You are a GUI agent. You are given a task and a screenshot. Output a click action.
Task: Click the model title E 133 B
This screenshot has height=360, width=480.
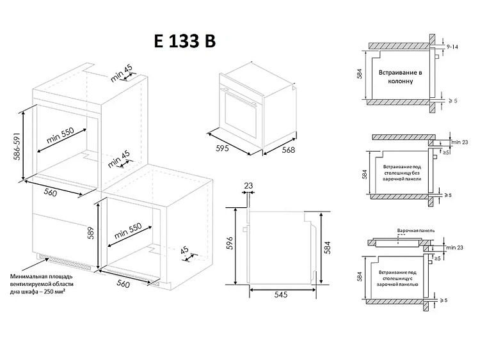click(x=185, y=41)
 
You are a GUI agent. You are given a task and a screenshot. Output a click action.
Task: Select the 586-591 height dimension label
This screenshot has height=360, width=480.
click(x=17, y=146)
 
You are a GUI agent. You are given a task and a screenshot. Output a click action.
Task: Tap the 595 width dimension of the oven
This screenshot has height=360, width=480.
click(x=222, y=148)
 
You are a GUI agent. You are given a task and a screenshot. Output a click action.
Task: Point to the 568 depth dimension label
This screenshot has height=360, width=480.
click(x=289, y=150)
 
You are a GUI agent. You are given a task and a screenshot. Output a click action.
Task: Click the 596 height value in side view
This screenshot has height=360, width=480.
click(x=230, y=243)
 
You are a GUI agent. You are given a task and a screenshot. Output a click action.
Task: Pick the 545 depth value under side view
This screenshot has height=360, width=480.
click(x=281, y=294)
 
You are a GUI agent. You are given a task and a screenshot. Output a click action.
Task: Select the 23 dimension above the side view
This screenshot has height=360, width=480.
click(x=248, y=185)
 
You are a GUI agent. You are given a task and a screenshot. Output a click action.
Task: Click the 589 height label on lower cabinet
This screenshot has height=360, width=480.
click(x=91, y=233)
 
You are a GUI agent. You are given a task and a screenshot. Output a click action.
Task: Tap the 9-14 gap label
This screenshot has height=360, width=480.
click(x=452, y=47)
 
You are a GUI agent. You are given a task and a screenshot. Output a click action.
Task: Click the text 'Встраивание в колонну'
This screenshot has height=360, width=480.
click(x=401, y=77)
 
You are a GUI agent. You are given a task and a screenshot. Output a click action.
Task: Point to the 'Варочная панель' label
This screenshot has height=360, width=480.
click(x=416, y=230)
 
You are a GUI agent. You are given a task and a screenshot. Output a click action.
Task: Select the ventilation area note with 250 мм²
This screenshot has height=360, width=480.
click(x=42, y=284)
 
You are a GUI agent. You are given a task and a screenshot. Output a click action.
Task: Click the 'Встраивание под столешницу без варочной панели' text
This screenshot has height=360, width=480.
click(x=402, y=173)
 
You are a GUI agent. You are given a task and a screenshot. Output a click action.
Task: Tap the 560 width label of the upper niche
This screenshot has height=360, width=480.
click(x=51, y=192)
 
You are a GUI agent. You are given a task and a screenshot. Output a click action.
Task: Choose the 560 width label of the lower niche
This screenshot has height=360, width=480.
click(x=123, y=283)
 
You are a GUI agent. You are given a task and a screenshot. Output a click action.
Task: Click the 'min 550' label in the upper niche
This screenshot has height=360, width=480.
click(x=60, y=135)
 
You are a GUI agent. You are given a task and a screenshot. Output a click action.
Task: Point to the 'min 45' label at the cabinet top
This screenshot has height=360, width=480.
click(x=121, y=74)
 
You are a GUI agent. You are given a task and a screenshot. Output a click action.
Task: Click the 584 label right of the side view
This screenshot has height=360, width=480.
click(x=327, y=247)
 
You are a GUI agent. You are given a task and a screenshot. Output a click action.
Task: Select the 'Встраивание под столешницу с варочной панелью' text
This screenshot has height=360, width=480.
click(x=397, y=278)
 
